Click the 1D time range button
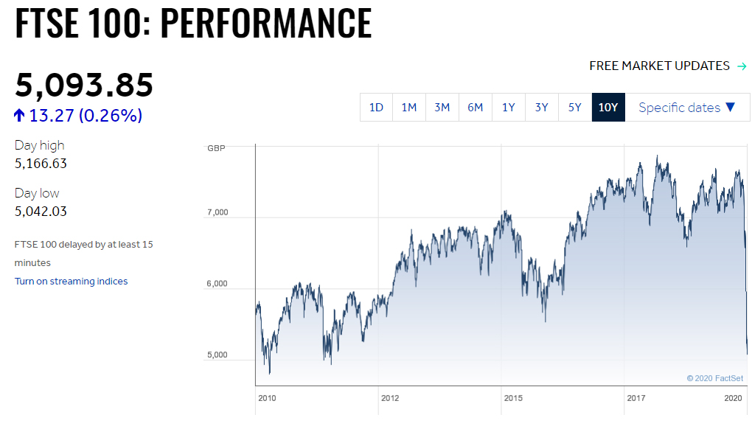tap(376, 108)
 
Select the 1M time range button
tap(409, 108)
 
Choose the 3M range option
tap(442, 108)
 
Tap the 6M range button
tap(476, 108)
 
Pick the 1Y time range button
tap(509, 108)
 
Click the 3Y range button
tap(542, 108)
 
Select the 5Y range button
tap(575, 108)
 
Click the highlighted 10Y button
tap(608, 108)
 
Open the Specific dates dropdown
tap(687, 108)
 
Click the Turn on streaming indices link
tap(71, 281)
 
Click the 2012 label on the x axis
tap(390, 399)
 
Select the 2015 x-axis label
tap(513, 399)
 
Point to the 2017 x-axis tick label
tap(636, 399)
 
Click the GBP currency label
tap(216, 148)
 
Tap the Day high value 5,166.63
tap(41, 164)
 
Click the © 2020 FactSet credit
tap(714, 378)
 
